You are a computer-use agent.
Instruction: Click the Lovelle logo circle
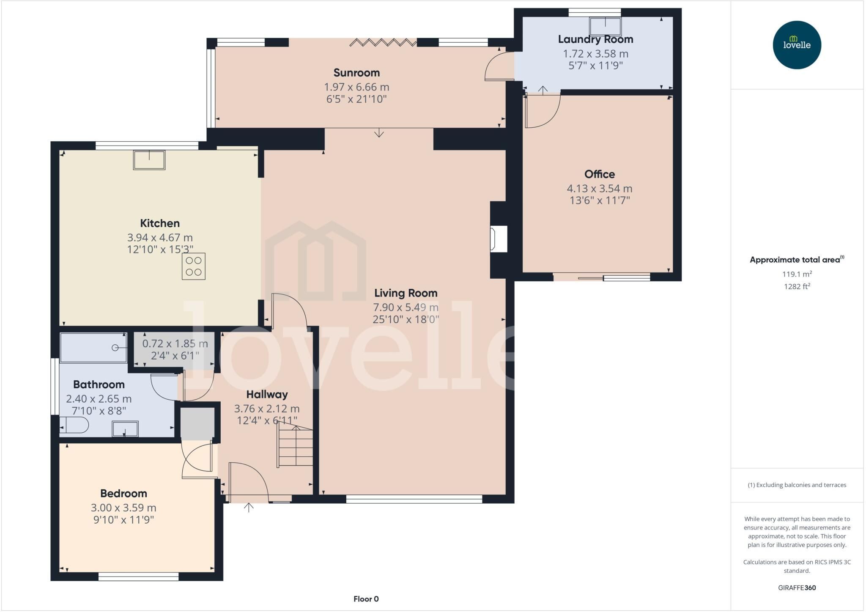[797, 45]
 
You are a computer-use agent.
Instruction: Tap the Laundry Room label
[595, 39]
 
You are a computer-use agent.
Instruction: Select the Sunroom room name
[356, 73]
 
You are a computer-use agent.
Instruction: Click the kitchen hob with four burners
[194, 266]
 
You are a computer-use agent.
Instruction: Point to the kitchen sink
[149, 160]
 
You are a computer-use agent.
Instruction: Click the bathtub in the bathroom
[93, 348]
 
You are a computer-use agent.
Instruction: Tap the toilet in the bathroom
[74, 425]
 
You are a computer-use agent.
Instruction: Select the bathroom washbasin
[125, 429]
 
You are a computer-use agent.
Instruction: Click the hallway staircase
[295, 446]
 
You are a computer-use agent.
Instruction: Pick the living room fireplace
[498, 239]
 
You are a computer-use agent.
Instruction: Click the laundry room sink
[606, 26]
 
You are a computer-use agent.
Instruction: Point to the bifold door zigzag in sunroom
[383, 42]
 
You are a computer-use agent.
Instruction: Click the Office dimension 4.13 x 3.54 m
[600, 189]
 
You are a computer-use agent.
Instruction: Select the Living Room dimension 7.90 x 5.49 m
[406, 307]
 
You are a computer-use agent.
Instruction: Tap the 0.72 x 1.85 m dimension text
[175, 344]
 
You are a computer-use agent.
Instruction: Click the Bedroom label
[123, 494]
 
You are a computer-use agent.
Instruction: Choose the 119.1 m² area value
[797, 274]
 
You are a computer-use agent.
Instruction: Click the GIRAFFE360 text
[797, 587]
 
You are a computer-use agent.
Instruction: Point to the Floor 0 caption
[366, 599]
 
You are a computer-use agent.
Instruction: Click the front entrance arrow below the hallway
[249, 507]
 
